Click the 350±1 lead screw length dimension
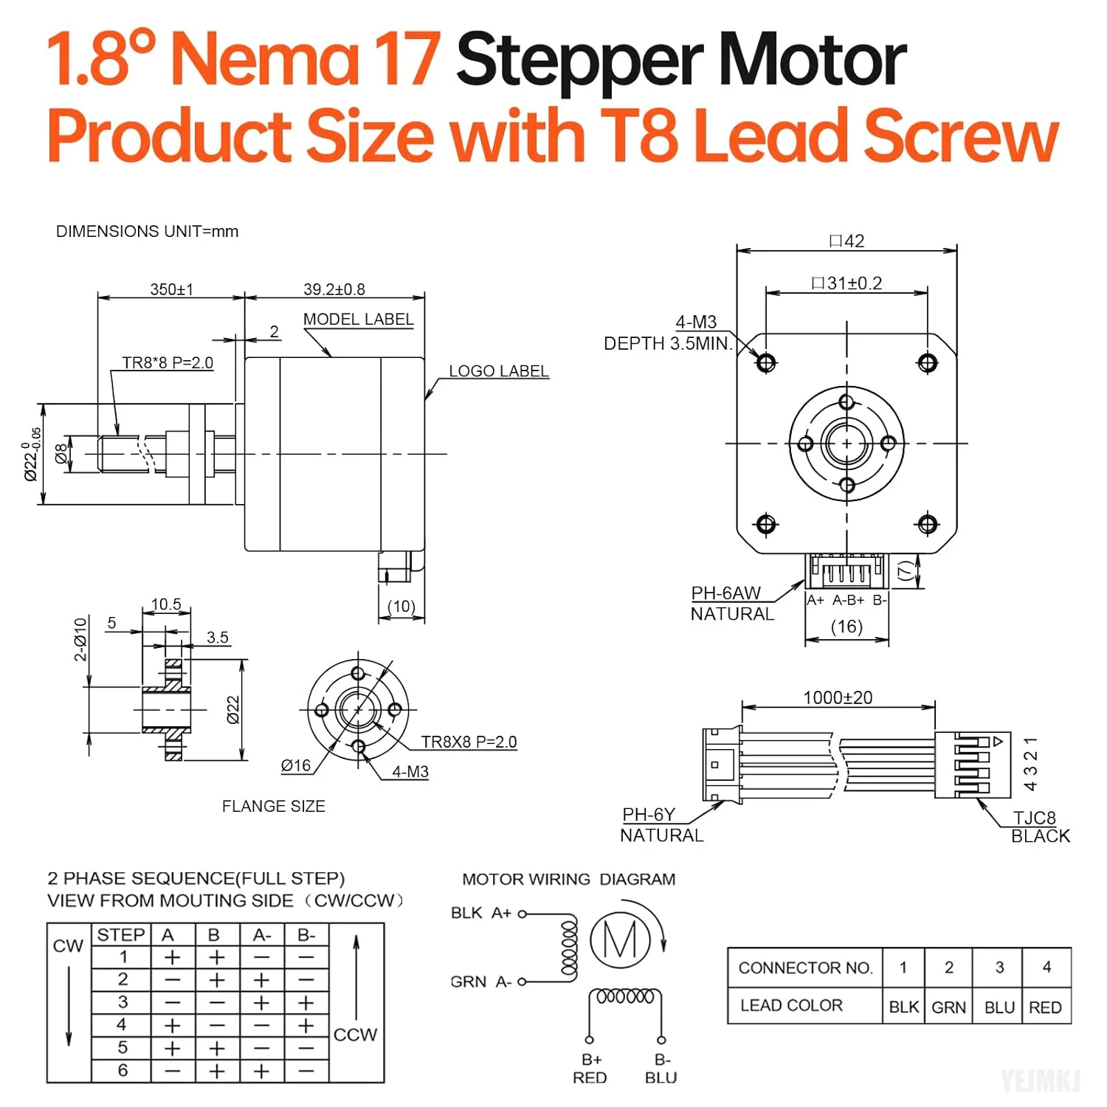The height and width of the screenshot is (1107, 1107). [171, 289]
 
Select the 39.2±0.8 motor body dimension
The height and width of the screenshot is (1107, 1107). [334, 289]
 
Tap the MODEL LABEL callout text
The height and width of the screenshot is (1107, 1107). [358, 320]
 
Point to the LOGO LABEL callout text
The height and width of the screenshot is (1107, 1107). [499, 371]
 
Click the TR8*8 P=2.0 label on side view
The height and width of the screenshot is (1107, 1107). [168, 363]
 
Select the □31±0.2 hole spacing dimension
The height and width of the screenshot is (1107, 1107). [846, 283]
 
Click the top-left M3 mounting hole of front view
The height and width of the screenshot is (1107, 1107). [766, 362]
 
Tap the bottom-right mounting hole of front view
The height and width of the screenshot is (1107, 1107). [928, 524]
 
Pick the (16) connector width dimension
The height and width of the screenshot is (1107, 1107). [846, 627]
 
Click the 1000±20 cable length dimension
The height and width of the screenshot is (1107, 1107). [838, 697]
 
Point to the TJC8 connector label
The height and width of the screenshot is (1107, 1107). [1034, 818]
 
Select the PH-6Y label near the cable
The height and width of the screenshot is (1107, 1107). [649, 815]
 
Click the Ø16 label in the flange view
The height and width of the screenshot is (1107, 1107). [296, 766]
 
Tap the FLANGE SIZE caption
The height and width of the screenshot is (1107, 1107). [274, 807]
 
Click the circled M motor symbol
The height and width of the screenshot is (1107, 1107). [620, 940]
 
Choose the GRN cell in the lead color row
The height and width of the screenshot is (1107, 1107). [948, 1007]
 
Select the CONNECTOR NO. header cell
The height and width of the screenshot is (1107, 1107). [805, 968]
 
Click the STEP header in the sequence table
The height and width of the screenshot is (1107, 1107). [121, 935]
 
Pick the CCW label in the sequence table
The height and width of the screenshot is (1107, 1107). [355, 1035]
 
